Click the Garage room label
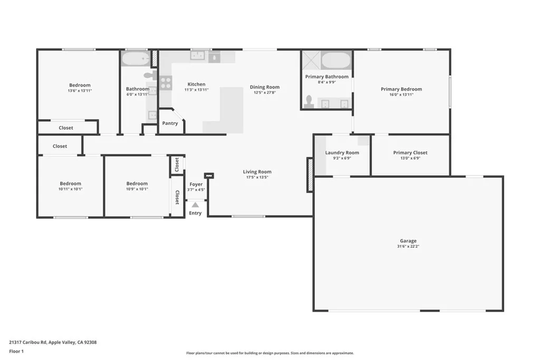click(408, 241)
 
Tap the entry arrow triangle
click(195, 205)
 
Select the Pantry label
click(170, 123)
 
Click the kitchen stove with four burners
click(166, 83)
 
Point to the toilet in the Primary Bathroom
click(309, 102)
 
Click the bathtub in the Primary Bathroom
click(336, 61)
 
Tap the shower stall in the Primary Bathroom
click(311, 60)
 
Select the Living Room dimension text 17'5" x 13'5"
click(257, 177)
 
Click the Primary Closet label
click(410, 152)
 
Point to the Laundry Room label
click(342, 152)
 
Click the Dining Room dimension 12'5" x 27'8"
click(265, 93)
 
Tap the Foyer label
click(196, 184)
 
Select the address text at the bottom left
click(53, 343)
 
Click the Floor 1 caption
click(16, 352)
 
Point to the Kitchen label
click(196, 84)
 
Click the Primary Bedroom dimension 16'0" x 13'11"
click(401, 95)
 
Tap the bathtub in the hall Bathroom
click(136, 59)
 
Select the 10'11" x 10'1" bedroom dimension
click(70, 189)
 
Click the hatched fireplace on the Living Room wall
click(310, 175)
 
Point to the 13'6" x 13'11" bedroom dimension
click(80, 91)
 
